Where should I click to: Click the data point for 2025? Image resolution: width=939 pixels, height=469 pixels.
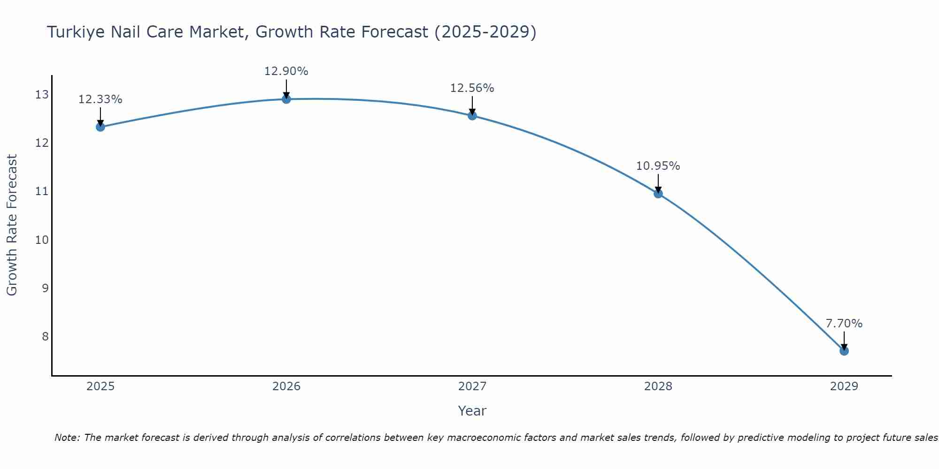click(100, 127)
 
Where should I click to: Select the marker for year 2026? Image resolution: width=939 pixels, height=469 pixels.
click(286, 99)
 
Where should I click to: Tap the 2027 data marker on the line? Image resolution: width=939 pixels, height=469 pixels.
click(472, 115)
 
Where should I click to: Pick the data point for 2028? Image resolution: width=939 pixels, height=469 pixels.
click(658, 193)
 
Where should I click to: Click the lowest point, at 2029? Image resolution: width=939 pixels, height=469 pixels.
click(844, 351)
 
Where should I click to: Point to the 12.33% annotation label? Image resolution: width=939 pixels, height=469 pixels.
click(100, 99)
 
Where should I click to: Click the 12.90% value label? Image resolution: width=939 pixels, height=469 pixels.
click(286, 71)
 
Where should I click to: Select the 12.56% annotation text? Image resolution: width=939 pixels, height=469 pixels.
click(472, 88)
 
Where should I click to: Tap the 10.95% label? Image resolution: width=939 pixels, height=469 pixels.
click(658, 166)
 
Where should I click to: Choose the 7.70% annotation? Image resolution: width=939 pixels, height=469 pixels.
click(844, 324)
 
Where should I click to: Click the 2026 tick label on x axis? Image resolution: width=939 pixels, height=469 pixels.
click(286, 386)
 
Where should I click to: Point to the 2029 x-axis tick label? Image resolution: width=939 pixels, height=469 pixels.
click(844, 386)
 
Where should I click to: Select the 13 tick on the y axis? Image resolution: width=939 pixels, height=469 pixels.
click(42, 95)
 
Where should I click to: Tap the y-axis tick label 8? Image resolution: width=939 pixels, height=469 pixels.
click(45, 336)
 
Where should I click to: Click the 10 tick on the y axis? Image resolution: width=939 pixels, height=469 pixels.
click(42, 240)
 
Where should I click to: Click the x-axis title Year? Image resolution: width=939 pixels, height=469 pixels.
click(472, 411)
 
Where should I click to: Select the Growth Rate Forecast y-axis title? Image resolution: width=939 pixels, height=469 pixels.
click(12, 225)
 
